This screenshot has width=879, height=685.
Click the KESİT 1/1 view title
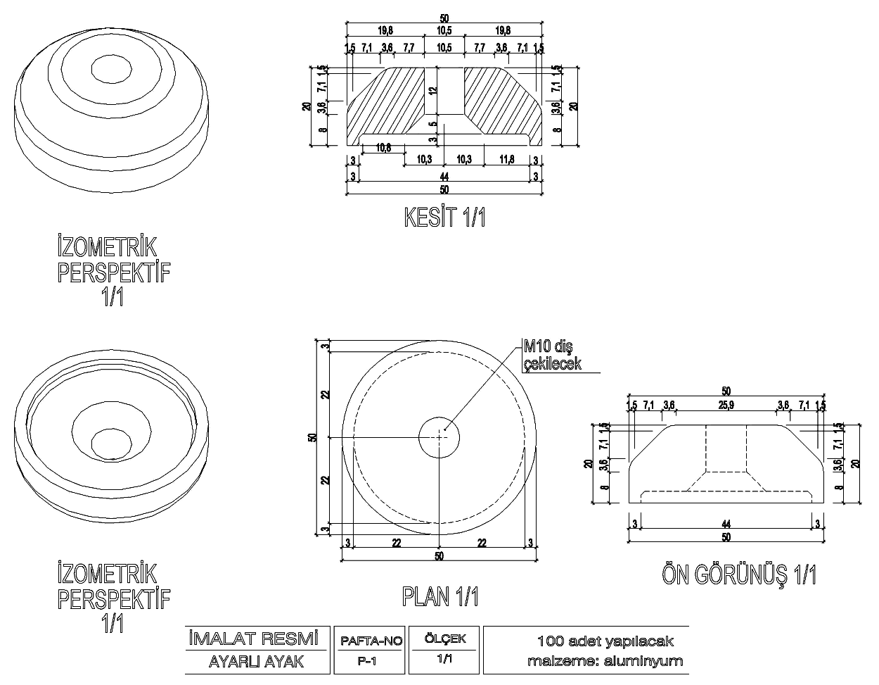click(444, 217)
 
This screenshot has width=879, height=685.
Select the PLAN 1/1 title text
click(440, 597)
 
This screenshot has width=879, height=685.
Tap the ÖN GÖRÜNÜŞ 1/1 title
click(739, 574)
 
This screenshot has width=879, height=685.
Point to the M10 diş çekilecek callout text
click(551, 354)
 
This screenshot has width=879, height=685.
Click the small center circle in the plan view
click(439, 437)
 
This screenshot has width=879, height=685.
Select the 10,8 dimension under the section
click(383, 148)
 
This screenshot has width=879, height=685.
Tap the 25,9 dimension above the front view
click(726, 404)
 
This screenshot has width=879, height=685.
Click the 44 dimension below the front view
click(726, 523)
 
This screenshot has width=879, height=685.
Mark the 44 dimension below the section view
click(444, 175)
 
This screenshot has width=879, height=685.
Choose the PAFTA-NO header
click(371, 641)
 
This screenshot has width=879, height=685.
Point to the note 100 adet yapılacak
click(605, 641)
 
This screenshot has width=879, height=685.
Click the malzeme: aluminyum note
click(605, 661)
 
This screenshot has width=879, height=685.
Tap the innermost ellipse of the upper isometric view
click(112, 70)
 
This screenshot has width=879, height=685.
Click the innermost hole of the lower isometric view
click(112, 441)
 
